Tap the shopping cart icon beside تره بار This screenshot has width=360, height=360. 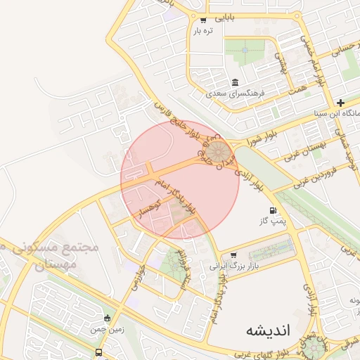point(203,20)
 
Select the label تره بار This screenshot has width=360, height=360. point(202,31)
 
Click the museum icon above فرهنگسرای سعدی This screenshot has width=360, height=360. point(233,82)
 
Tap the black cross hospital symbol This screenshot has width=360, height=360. point(340,103)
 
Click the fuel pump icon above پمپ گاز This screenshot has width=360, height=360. point(272,211)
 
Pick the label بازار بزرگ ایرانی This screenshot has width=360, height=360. point(235,266)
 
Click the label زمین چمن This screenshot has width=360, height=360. point(106,328)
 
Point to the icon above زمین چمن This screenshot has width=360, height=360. point(107,318)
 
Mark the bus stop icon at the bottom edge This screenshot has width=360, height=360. point(98,352)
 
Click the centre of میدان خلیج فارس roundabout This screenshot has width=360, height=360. point(219,151)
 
